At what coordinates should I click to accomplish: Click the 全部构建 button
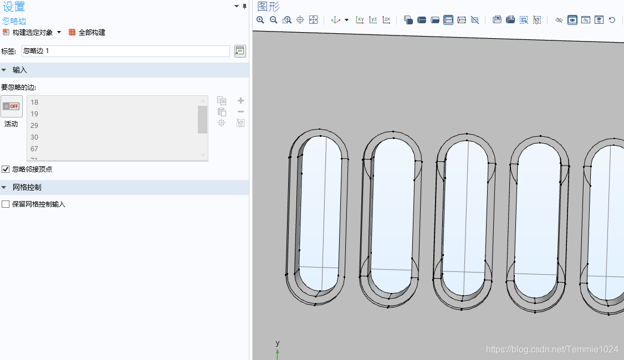(87, 33)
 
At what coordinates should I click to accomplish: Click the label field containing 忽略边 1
(125, 51)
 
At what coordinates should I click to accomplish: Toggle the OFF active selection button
(11, 106)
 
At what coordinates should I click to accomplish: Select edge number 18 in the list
(34, 102)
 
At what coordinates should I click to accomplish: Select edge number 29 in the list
(34, 125)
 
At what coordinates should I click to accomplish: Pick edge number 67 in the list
(34, 149)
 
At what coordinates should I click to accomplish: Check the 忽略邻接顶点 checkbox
(6, 169)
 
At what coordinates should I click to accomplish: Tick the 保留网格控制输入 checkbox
(6, 204)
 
